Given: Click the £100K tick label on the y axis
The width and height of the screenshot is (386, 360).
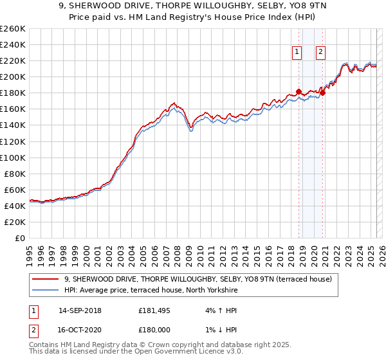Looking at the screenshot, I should point(13,157).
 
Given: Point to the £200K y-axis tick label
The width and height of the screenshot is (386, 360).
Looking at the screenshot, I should point(13,76).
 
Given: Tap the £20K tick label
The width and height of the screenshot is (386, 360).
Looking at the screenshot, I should point(15,222).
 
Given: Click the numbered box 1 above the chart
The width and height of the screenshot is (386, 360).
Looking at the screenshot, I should point(298,53).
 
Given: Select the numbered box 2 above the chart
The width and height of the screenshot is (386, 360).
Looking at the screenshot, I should point(320,53).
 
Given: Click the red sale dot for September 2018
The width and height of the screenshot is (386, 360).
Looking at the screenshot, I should point(299,91).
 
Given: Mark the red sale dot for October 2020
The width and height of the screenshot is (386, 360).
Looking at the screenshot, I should point(322,93).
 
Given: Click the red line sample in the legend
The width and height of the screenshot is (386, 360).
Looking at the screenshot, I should point(46,279).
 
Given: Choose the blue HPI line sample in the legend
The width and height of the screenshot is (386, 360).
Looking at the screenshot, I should point(46,291).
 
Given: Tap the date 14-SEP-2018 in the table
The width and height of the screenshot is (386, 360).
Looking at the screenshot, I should point(80,310).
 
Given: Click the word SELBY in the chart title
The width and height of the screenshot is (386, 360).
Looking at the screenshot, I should point(217,6).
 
